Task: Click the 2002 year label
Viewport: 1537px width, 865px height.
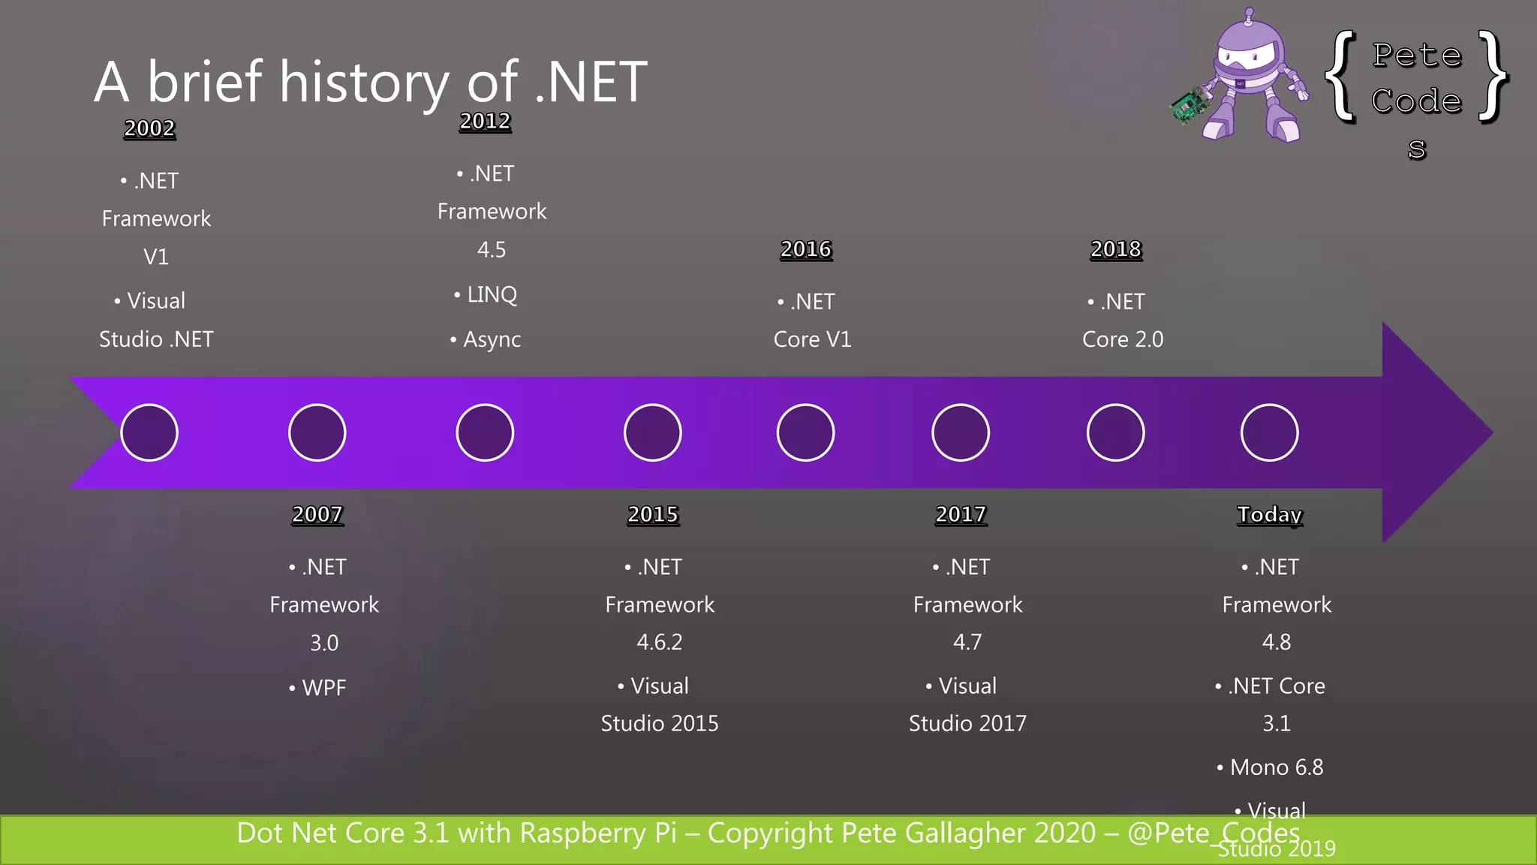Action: pyautogui.click(x=149, y=128)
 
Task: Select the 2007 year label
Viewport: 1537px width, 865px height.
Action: pyautogui.click(x=317, y=514)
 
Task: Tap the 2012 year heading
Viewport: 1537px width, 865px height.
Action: pyautogui.click(x=485, y=121)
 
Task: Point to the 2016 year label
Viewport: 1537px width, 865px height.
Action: pyautogui.click(x=806, y=249)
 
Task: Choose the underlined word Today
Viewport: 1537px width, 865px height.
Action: pyautogui.click(x=1269, y=514)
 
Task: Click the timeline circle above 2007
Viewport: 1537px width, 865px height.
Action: pyautogui.click(x=317, y=432)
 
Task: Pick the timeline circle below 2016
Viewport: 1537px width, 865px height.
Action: pyautogui.click(x=805, y=432)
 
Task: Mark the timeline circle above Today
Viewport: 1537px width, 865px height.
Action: pyautogui.click(x=1269, y=432)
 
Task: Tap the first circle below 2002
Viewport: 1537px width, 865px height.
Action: pyautogui.click(x=149, y=432)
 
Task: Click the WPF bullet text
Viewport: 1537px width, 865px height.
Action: pyautogui.click(x=323, y=687)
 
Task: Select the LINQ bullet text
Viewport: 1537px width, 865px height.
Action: pyautogui.click(x=492, y=294)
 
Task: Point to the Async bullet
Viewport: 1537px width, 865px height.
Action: pyautogui.click(x=492, y=339)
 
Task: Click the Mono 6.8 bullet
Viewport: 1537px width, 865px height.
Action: pyautogui.click(x=1276, y=767)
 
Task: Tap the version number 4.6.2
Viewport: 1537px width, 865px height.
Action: pyautogui.click(x=660, y=642)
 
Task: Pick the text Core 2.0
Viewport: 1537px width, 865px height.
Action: pyautogui.click(x=1123, y=339)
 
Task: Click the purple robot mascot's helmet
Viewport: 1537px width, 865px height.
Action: pyautogui.click(x=1247, y=45)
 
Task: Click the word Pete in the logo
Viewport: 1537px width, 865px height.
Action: pyautogui.click(x=1417, y=56)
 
